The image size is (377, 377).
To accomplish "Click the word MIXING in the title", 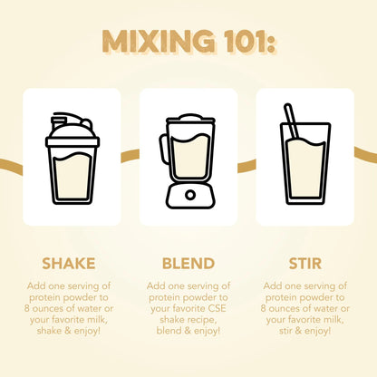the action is [x=158, y=42].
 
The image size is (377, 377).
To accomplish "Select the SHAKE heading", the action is [x=69, y=264].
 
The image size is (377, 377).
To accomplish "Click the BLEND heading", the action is [x=188, y=264].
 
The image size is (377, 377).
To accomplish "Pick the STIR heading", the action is [x=305, y=264].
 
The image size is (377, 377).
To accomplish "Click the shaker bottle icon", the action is [x=72, y=159].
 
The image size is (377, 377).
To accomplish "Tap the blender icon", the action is [x=188, y=161].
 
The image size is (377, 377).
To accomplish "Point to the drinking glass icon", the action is [x=305, y=154].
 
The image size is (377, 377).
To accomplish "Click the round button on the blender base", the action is [x=190, y=195].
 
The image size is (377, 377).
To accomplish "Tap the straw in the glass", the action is [x=292, y=121].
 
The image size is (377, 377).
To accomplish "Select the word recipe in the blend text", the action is [x=201, y=320].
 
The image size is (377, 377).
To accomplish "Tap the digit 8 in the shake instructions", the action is [x=27, y=308].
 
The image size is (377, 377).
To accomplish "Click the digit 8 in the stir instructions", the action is [x=264, y=308].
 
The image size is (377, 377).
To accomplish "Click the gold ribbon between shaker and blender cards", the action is [x=130, y=155].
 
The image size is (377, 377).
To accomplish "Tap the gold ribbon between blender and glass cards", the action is [x=246, y=166].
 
